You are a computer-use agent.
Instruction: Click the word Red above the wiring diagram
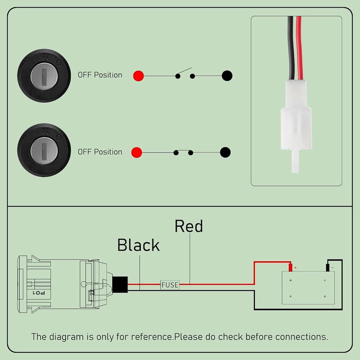189,226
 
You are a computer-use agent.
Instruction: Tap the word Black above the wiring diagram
139,245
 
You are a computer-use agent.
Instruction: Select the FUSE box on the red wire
170,285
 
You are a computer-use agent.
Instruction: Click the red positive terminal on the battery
291,267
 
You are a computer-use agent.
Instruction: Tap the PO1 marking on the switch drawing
39,293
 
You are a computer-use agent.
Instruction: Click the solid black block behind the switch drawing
120,284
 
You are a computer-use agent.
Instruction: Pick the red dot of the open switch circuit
139,76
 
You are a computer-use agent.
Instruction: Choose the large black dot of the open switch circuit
227,76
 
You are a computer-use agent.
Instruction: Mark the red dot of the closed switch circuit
136,152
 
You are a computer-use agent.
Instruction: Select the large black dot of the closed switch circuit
225,152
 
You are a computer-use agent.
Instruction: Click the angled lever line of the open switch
185,71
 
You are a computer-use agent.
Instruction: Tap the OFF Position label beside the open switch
100,75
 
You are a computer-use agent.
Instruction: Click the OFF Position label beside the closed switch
100,152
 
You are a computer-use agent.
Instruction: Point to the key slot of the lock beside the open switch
44,76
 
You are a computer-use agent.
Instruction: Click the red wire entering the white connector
299,48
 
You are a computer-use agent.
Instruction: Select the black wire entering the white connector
291,48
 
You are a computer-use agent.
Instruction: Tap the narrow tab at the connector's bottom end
295,161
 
